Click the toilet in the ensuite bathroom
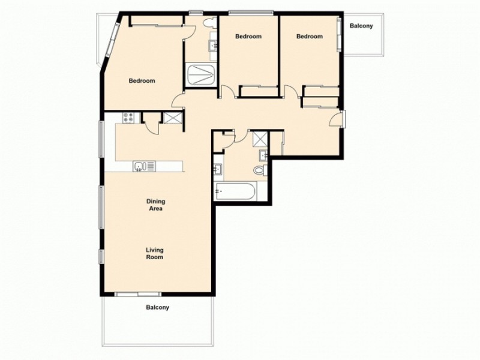click(209, 24)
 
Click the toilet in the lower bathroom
click(259, 170)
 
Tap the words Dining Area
click(156, 205)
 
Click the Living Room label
click(154, 253)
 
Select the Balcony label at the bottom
click(158, 308)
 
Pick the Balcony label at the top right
click(362, 26)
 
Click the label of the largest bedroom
click(142, 81)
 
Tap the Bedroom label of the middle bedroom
click(248, 37)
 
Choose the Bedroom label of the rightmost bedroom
click(310, 37)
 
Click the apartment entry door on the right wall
click(338, 118)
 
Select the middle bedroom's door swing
click(227, 92)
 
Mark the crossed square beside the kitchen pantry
click(172, 118)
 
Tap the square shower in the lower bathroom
click(259, 139)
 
